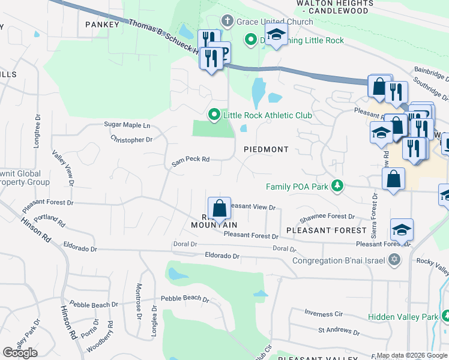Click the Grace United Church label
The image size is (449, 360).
[274, 22]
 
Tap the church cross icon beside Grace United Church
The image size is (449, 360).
[228, 22]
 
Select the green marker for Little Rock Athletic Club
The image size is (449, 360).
[214, 114]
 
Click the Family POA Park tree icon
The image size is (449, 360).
[338, 186]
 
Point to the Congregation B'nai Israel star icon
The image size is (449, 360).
[394, 260]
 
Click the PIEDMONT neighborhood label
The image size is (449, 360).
[266, 149]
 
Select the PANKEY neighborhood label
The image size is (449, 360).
[103, 25]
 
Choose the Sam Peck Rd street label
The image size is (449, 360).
[190, 160]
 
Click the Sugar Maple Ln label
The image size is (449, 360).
[127, 125]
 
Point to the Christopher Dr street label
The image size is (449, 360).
[131, 139]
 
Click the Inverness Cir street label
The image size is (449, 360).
[323, 313]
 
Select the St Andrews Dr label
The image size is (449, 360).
[339, 330]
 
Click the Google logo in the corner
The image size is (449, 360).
[20, 353]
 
